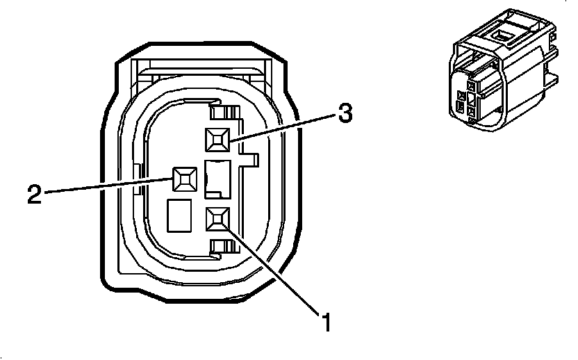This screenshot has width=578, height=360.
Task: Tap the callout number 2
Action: tap(35, 193)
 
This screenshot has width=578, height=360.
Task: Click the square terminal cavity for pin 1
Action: tap(217, 220)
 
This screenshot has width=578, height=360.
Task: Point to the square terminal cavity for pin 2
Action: tap(185, 179)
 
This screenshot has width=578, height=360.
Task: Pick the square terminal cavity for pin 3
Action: tap(217, 141)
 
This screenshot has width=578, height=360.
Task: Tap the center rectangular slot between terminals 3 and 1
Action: tap(217, 177)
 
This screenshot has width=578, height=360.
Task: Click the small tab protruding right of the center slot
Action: tap(251, 161)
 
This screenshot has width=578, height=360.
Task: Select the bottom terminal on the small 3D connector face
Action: tap(472, 111)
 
